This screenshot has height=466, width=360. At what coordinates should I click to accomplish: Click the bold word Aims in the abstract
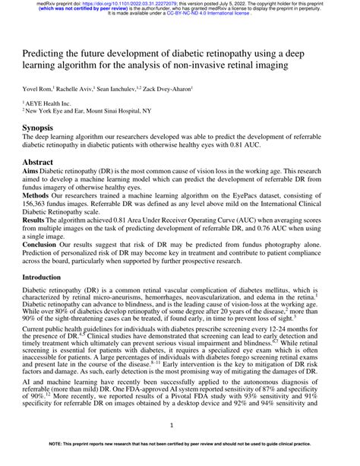(x=32, y=172)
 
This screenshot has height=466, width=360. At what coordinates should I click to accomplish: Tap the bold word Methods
(x=36, y=196)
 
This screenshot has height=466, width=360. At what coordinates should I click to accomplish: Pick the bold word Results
(x=35, y=220)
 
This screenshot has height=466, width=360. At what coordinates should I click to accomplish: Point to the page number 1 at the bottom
(x=179, y=426)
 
